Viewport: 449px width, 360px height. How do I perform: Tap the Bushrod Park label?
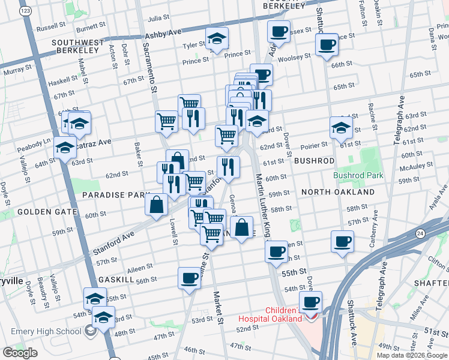click(358, 176)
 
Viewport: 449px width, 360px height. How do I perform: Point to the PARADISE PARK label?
click(115, 195)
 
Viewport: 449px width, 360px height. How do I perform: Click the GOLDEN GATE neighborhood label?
click(47, 212)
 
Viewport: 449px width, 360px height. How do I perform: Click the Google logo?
click(20, 353)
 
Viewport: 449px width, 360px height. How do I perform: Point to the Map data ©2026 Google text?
click(412, 355)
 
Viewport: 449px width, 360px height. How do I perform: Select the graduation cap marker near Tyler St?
click(217, 40)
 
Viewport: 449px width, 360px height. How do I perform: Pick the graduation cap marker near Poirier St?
click(341, 127)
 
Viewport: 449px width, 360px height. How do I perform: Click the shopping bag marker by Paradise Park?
click(156, 205)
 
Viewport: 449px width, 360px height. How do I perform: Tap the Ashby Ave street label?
click(162, 34)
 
